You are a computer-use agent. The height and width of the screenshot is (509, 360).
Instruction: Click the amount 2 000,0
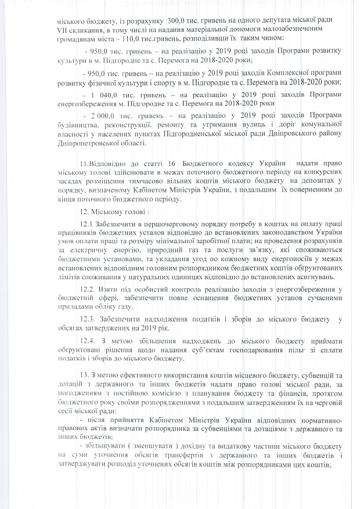tap(102, 115)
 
